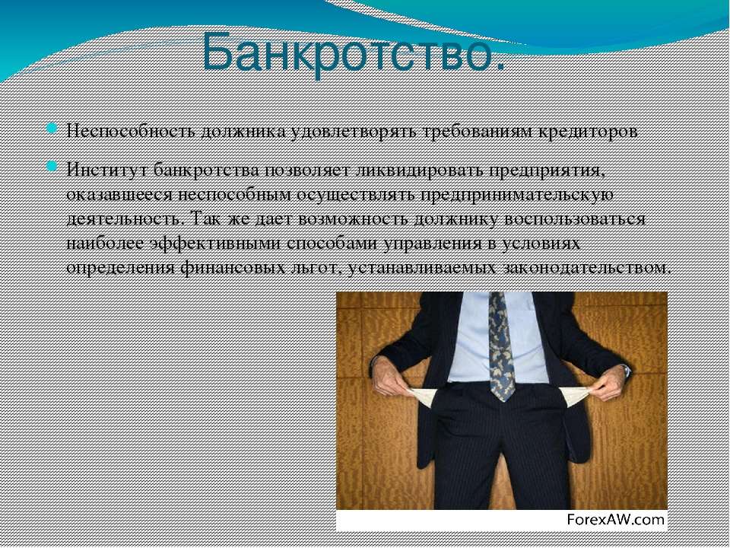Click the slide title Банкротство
tap(354, 53)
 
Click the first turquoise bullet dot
tap(52, 128)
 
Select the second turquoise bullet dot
tap(52, 167)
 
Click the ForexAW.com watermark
tap(615, 519)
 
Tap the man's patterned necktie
tap(502, 346)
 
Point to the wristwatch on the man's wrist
tap(626, 371)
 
